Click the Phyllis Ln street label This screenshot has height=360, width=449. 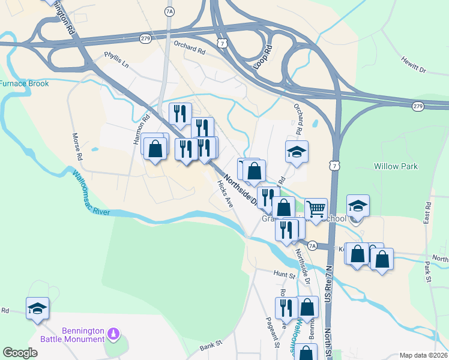(x=116, y=64)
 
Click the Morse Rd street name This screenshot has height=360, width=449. (x=77, y=147)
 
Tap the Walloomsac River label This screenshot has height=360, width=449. (x=89, y=193)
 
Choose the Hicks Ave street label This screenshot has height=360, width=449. (x=224, y=196)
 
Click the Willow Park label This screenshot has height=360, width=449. (x=396, y=166)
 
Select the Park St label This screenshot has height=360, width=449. (x=429, y=271)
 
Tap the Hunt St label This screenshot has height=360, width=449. (x=285, y=275)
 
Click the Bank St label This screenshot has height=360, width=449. (x=211, y=346)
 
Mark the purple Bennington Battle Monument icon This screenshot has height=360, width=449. (x=113, y=332)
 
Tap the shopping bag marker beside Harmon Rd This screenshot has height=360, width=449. (x=155, y=148)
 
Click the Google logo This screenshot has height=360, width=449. (x=20, y=353)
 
